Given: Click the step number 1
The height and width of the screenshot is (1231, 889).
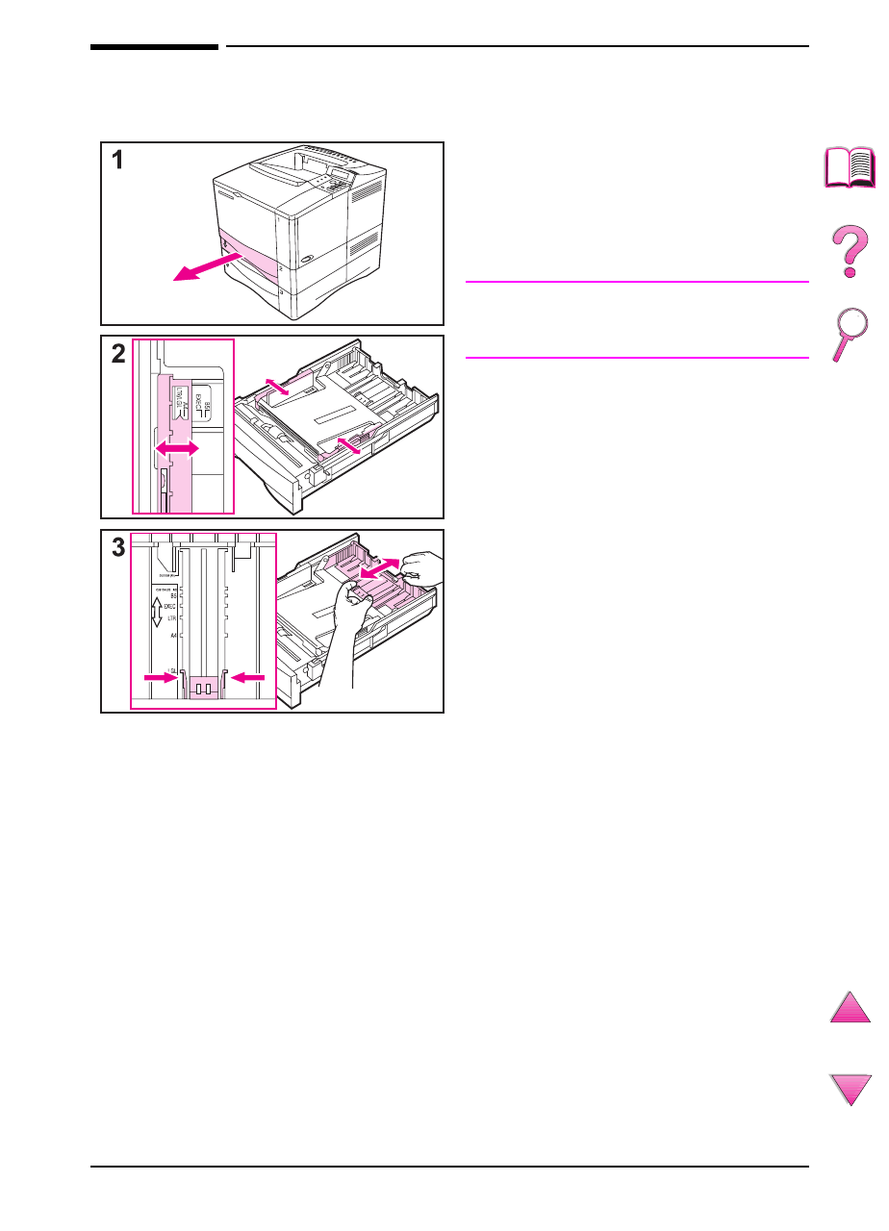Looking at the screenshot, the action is point(117,161).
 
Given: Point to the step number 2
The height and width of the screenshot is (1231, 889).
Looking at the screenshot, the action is point(117,354).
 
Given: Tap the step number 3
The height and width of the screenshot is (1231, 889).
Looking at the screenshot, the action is point(117,548).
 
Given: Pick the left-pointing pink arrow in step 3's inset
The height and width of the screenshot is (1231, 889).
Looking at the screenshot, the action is point(249,677).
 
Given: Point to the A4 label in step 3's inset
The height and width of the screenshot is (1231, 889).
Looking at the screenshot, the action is point(172,637).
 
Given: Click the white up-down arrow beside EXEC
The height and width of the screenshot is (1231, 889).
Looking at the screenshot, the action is point(155,611).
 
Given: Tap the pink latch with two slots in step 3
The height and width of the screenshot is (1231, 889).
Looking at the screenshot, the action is point(203,688).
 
